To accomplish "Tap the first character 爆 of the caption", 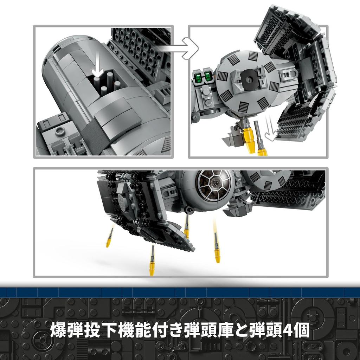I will [59, 330].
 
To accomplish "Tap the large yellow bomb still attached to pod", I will [249, 139].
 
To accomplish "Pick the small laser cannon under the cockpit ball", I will [190, 210].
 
